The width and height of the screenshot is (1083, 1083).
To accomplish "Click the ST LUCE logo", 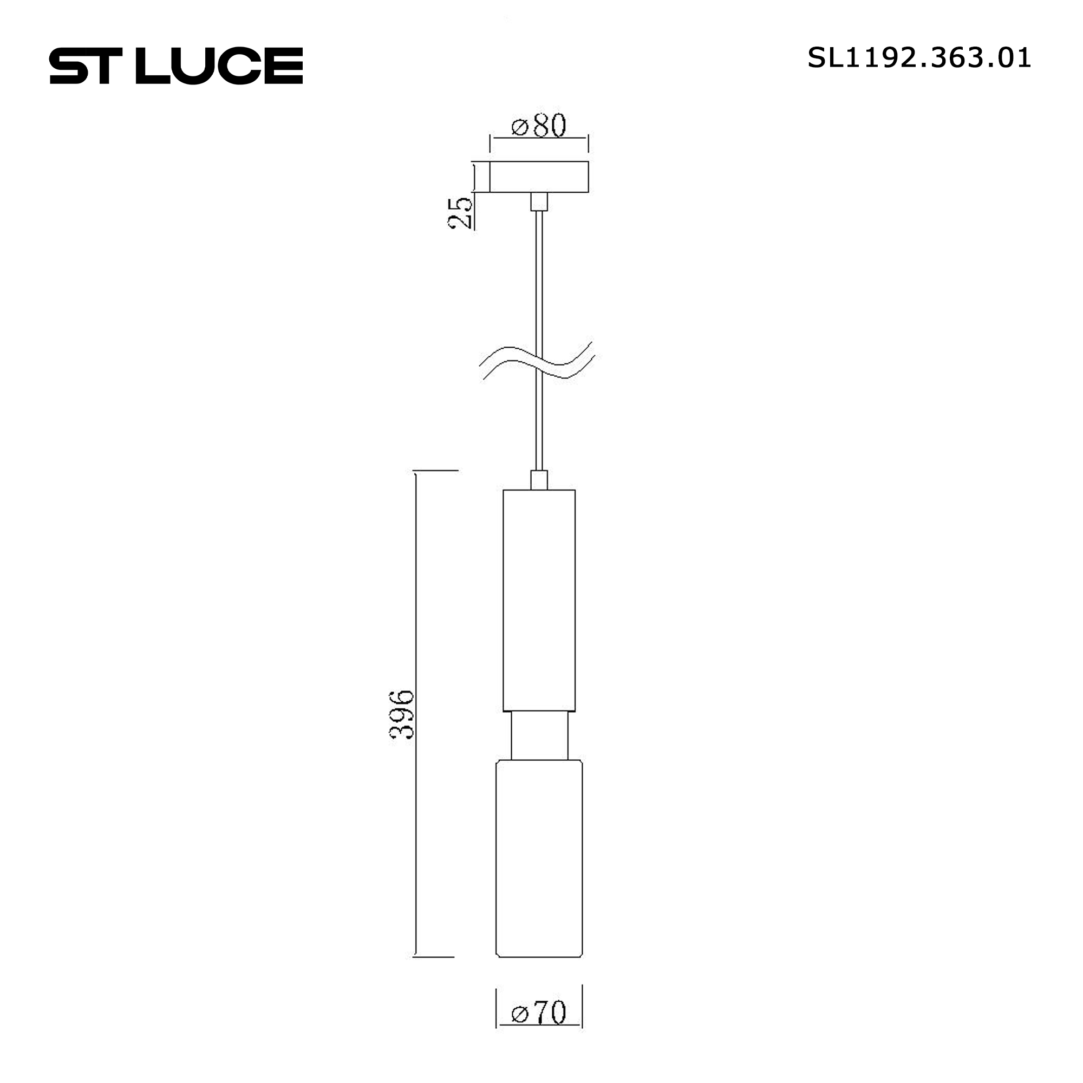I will point(175,66).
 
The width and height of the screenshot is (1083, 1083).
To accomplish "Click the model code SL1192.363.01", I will point(919,58).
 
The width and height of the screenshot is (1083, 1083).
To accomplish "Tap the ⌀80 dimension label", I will point(539,126).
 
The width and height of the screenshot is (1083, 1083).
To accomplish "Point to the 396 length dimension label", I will point(402,715).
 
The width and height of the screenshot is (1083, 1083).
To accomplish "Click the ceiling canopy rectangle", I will point(539,177).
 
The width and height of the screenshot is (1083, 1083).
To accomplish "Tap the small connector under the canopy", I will point(539,201).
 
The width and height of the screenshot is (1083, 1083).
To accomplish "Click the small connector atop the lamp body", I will point(539,480).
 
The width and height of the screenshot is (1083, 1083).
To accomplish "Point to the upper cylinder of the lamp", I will point(539,600).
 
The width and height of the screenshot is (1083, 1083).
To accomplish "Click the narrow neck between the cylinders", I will point(539,735).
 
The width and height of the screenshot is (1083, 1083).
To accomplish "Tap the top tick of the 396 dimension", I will point(435,471).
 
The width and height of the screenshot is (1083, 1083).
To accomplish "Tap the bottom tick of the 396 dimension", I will point(433,957).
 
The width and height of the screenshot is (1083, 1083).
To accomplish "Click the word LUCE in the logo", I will point(219,66).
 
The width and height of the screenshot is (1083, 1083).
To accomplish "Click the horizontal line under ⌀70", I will point(539,1040).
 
